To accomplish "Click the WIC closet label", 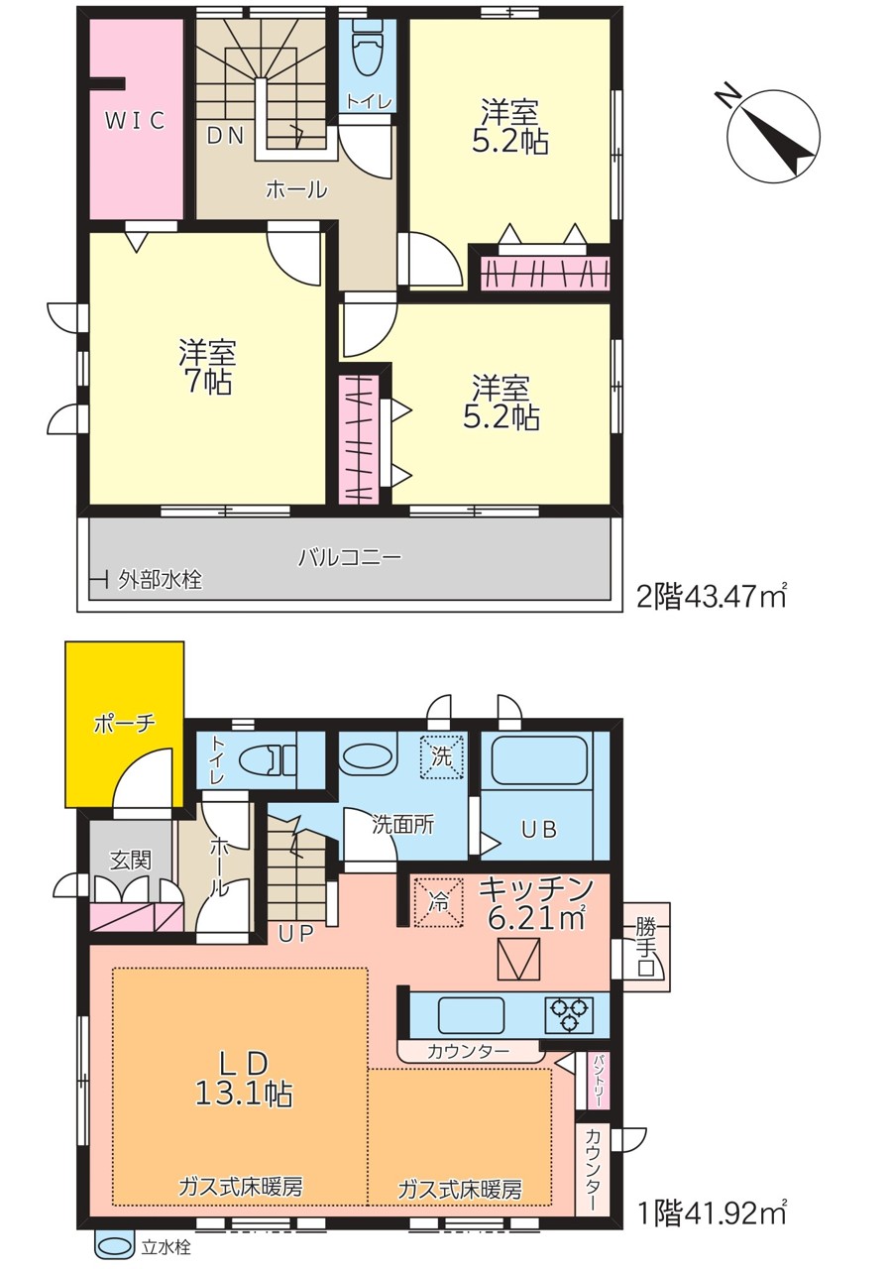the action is point(135,120).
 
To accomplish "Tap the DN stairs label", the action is point(225,136).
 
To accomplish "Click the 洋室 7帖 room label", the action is point(207,367).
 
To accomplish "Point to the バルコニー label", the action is point(350,557).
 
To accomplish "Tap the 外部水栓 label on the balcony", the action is point(160,580).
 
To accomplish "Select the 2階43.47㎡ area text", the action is point(712,597).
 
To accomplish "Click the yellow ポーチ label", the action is point(124,724).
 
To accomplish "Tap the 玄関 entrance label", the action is point(130,860).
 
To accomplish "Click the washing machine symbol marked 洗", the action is point(442,756).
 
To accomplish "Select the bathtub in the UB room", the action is point(538,760).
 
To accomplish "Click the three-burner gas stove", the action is point(569,1013).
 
